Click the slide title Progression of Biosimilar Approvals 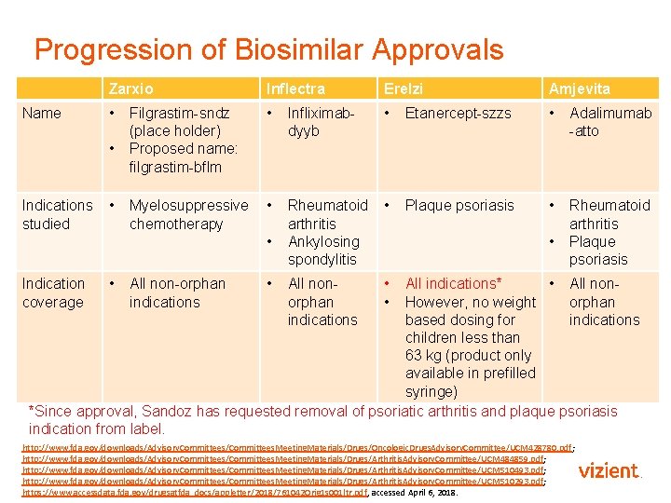(268, 49)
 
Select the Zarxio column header (130, 88)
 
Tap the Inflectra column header (295, 88)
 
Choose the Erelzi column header (403, 88)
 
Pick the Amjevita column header (580, 88)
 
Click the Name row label (42, 113)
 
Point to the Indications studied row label (57, 214)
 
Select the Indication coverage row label (53, 292)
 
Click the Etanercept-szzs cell (458, 113)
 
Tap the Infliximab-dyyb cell (321, 122)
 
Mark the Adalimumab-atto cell (609, 122)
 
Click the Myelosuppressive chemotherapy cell (188, 214)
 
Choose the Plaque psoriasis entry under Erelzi (459, 205)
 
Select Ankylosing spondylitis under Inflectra (322, 251)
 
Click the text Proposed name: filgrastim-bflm (183, 158)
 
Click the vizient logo (609, 471)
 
